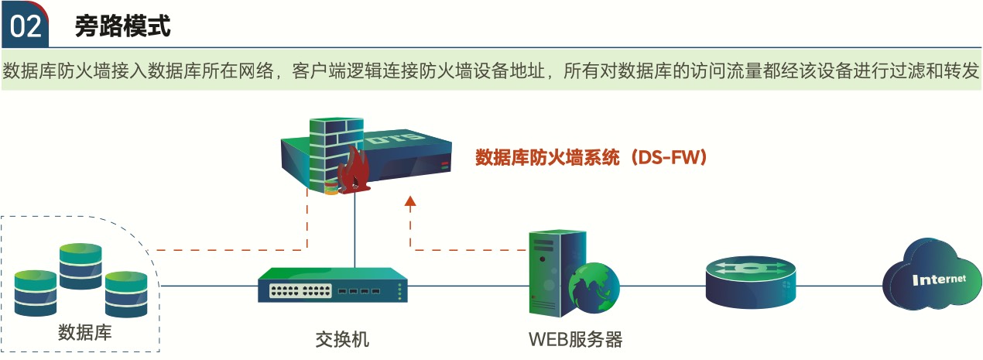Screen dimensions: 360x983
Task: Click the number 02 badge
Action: click(x=25, y=26)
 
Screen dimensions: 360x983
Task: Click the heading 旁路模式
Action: click(x=122, y=26)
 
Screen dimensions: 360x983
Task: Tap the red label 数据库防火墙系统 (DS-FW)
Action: click(x=592, y=158)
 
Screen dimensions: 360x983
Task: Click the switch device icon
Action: click(x=333, y=286)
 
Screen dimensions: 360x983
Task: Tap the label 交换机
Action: click(x=341, y=338)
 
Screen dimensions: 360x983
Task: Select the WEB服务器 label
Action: click(x=575, y=338)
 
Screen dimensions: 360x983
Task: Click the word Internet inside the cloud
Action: click(x=939, y=279)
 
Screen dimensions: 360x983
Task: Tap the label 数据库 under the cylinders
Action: click(x=85, y=333)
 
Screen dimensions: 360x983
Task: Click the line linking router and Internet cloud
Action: click(x=840, y=285)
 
